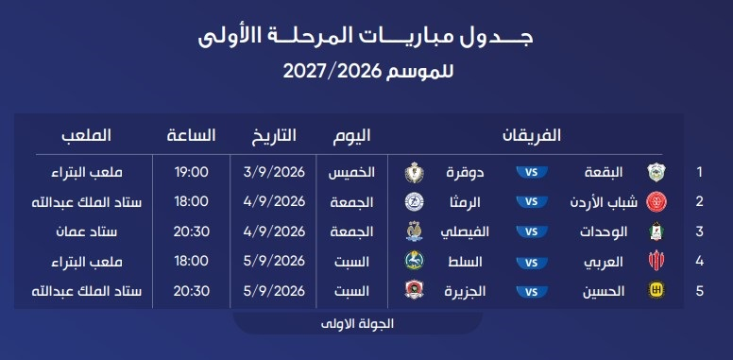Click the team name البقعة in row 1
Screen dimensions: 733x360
click(604, 173)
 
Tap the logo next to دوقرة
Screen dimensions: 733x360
click(414, 173)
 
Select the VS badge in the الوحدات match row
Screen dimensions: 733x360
click(532, 231)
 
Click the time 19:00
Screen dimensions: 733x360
click(191, 172)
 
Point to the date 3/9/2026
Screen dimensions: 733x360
click(274, 172)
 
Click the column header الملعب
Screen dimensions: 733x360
click(87, 135)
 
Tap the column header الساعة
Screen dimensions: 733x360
click(191, 135)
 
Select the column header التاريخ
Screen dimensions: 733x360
click(274, 135)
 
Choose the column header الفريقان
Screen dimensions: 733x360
click(532, 135)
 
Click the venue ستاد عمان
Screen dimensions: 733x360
click(87, 231)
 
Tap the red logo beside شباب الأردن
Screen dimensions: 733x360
click(656, 202)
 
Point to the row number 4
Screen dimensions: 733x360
click(699, 261)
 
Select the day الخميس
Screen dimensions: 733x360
click(351, 173)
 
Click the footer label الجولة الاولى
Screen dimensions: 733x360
click(358, 324)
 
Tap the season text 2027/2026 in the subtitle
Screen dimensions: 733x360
click(333, 72)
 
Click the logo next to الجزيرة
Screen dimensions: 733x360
click(414, 290)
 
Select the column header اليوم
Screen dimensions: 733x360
click(351, 135)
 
